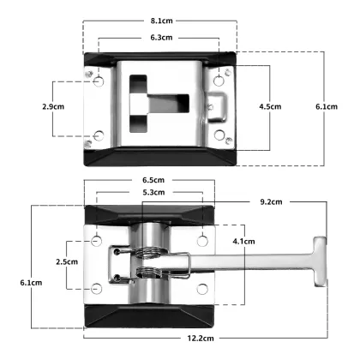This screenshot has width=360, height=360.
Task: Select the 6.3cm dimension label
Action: (x=159, y=38)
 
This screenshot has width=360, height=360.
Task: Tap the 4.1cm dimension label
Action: (x=244, y=241)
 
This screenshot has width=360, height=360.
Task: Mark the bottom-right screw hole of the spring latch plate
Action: (x=202, y=288)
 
